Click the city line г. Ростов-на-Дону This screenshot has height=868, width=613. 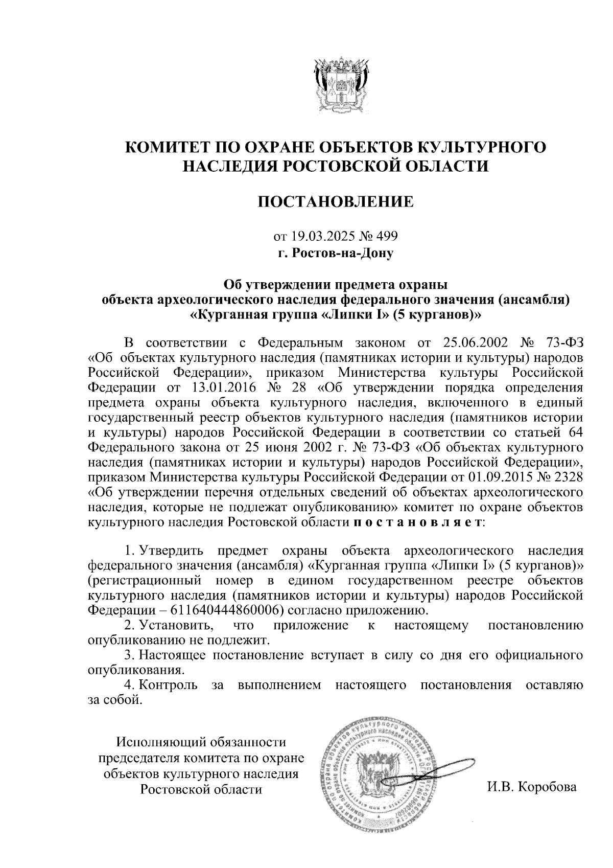tap(335, 253)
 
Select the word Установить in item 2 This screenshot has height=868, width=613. tap(176, 625)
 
